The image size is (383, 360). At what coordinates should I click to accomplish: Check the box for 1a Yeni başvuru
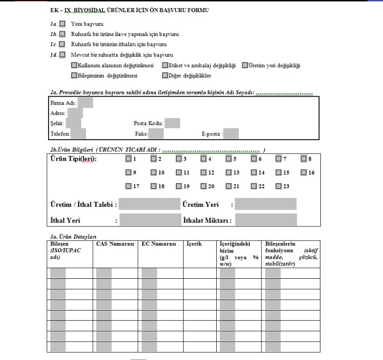pyautogui.click(x=63, y=24)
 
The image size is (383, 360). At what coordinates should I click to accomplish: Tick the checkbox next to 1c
pyautogui.click(x=63, y=44)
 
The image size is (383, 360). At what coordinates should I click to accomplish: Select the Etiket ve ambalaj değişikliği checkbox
pyautogui.click(x=165, y=65)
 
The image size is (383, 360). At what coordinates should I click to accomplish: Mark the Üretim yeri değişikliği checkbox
pyautogui.click(x=245, y=65)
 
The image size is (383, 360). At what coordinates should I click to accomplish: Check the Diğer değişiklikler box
pyautogui.click(x=165, y=75)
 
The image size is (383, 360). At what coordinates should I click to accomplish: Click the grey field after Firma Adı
pyautogui.click(x=85, y=102)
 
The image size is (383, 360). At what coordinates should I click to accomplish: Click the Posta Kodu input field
pyautogui.click(x=172, y=123)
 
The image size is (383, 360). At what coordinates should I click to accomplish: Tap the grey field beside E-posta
pyautogui.click(x=231, y=134)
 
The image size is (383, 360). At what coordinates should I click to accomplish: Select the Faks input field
pyautogui.click(x=156, y=134)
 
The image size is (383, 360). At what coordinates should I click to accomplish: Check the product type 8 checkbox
pyautogui.click(x=304, y=159)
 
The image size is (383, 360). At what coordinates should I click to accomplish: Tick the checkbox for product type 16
pyautogui.click(x=304, y=173)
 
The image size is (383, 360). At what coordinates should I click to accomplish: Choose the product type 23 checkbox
pyautogui.click(x=278, y=186)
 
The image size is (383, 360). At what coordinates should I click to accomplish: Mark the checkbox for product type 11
pyautogui.click(x=178, y=173)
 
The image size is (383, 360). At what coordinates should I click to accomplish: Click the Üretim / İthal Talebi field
pyautogui.click(x=149, y=205)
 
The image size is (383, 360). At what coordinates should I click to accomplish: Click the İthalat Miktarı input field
pyautogui.click(x=266, y=220)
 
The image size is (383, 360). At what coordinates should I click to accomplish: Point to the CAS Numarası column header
pyautogui.click(x=115, y=244)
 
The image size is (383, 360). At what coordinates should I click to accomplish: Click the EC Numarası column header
pyautogui.click(x=159, y=244)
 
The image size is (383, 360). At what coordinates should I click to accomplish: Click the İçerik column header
pyautogui.click(x=194, y=244)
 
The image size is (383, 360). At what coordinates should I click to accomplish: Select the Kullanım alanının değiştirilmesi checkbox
pyautogui.click(x=74, y=65)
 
